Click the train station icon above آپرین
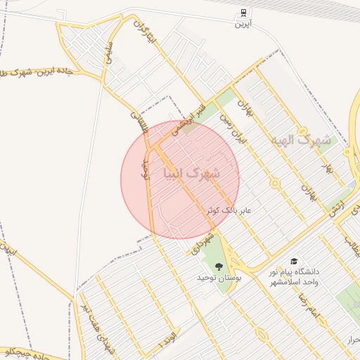243,12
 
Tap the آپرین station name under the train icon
243,24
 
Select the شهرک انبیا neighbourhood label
191,172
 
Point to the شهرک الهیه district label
303,139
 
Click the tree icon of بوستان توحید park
219,266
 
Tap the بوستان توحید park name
219,279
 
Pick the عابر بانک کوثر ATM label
229,210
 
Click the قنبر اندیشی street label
193,117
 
